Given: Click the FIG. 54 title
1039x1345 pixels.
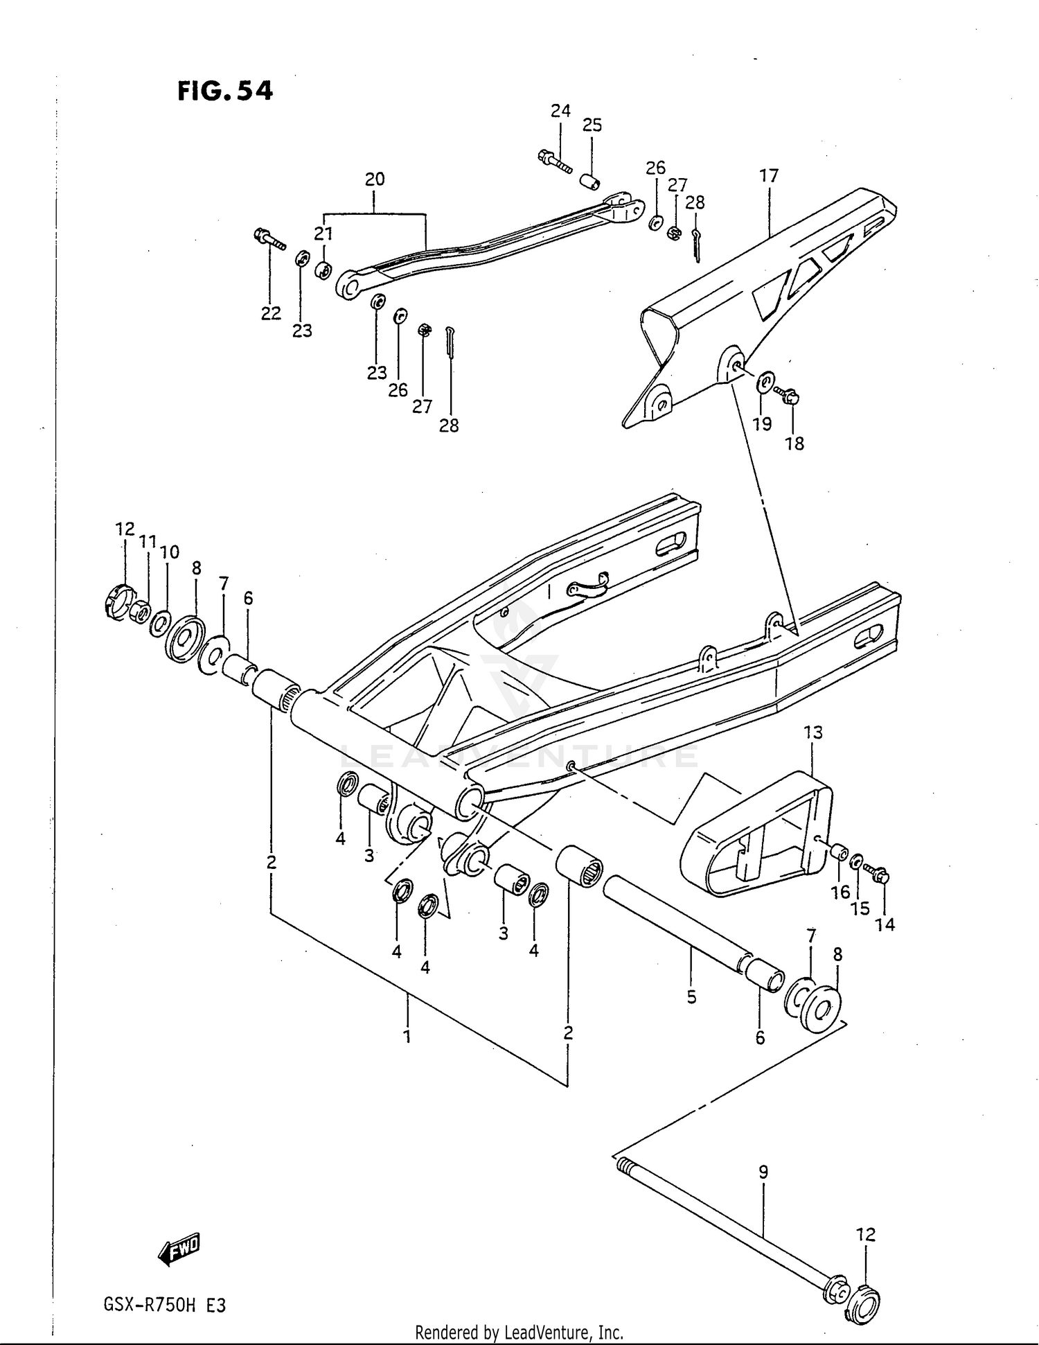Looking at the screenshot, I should point(225,90).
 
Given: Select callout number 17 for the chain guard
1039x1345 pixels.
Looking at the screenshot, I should point(769,175).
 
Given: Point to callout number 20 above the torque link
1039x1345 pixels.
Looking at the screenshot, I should point(375,179).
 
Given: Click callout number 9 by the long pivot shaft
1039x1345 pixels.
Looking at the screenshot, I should point(763,1172).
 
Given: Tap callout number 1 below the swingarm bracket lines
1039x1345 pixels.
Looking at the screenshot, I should point(407,1037).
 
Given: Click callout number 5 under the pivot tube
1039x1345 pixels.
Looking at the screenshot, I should point(691,997).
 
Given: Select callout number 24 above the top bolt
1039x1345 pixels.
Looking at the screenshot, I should point(560,110).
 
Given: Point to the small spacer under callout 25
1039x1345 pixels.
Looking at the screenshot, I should point(590,182).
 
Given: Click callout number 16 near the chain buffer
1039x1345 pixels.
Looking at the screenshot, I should point(840,892).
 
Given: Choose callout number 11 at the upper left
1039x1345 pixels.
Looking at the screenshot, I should point(146,541).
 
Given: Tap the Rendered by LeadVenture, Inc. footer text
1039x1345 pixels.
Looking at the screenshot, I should point(519,1332).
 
